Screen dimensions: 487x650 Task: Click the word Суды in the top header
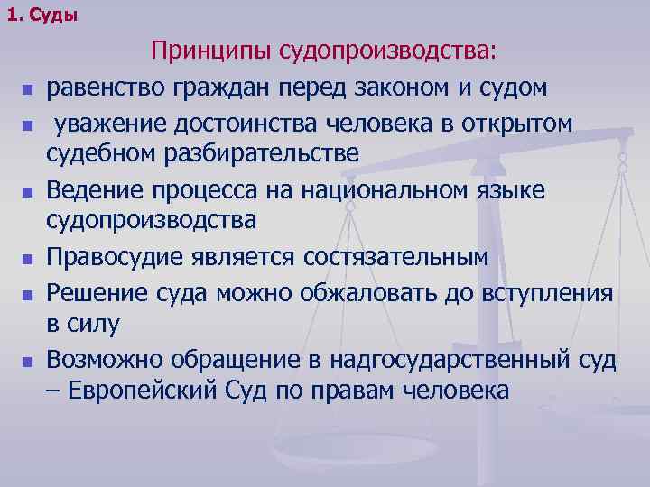(x=54, y=15)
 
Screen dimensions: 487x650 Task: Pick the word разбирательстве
(x=261, y=154)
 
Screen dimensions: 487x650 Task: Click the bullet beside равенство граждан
(x=28, y=91)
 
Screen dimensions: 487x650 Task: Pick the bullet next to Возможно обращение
(x=28, y=363)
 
